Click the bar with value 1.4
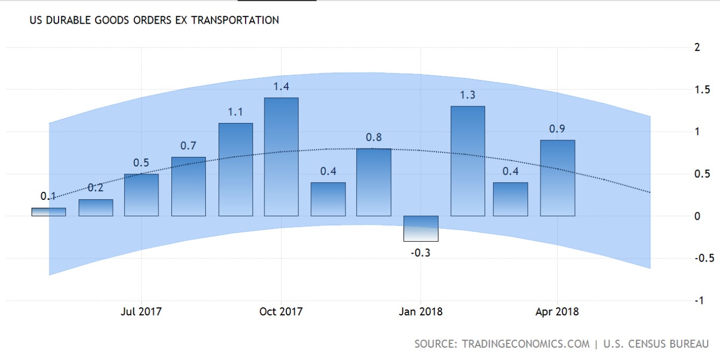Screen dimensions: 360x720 point(281,157)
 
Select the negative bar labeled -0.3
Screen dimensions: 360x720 point(421,228)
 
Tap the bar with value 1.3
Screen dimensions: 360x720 point(467,161)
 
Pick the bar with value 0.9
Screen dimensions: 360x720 point(558,178)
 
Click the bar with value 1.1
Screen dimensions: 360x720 point(236,169)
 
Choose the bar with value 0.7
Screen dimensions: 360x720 point(189,186)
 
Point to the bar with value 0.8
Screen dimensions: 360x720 point(374,182)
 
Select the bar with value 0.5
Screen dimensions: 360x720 point(141,195)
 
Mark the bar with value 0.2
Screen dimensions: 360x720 point(96,208)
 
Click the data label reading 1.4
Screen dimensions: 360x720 point(281,87)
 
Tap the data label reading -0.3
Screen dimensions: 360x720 point(421,253)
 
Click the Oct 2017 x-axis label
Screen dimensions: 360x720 point(280,312)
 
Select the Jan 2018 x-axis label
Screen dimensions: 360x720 point(420,312)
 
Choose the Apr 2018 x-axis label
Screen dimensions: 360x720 point(557,312)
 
